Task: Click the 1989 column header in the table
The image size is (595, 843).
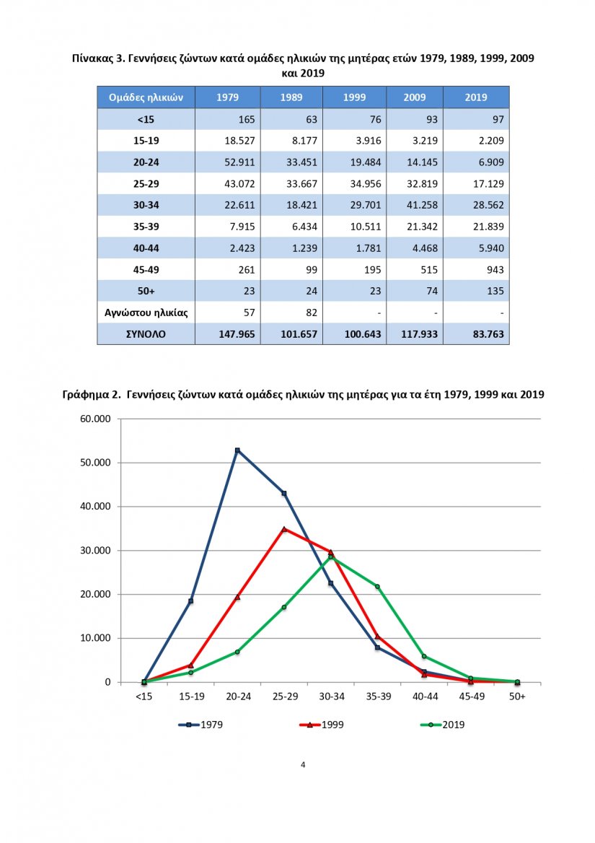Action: [291, 97]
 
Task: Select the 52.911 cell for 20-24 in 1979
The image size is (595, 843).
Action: [239, 162]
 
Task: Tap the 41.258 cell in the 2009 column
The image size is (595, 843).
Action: [422, 206]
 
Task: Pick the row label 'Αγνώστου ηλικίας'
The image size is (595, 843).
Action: [146, 313]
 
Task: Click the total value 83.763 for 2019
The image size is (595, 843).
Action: [488, 334]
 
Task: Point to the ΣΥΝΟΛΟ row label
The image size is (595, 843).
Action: [146, 334]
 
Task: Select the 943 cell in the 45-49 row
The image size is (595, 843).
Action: [495, 270]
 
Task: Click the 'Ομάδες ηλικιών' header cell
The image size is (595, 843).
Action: [146, 97]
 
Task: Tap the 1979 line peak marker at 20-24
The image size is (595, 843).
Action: [237, 450]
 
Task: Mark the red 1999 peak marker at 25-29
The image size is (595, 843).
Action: [284, 529]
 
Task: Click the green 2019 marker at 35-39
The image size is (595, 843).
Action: [377, 587]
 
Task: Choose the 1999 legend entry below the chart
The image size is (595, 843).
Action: [321, 725]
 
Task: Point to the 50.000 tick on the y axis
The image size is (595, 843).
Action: [96, 463]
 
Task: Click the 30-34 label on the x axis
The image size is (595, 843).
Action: [332, 696]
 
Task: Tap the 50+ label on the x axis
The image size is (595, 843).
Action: [517, 696]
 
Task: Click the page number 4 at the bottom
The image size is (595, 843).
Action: [303, 765]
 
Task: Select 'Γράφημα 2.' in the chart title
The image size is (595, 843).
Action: [92, 395]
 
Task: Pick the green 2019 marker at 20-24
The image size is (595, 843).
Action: [237, 652]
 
